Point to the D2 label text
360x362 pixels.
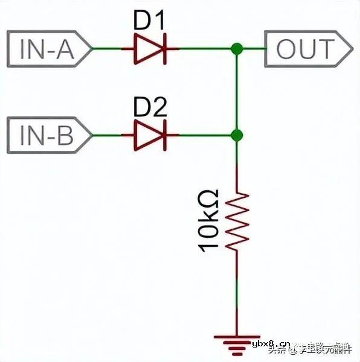pyautogui.click(x=149, y=109)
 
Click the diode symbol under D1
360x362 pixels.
pyautogui.click(x=150, y=49)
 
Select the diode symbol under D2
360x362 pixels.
pyautogui.click(x=150, y=135)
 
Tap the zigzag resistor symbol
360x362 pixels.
pyautogui.click(x=237, y=220)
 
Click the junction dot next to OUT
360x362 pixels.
pyautogui.click(x=237, y=49)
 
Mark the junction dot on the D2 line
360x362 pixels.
pyautogui.click(x=237, y=135)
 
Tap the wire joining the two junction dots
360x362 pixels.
pyautogui.click(x=237, y=92)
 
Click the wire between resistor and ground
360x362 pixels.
pyautogui.click(x=237, y=290)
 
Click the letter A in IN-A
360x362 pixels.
pyautogui.click(x=65, y=49)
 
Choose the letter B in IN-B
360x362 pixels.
pyautogui.click(x=65, y=135)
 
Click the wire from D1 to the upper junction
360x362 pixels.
pyautogui.click(x=205, y=49)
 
